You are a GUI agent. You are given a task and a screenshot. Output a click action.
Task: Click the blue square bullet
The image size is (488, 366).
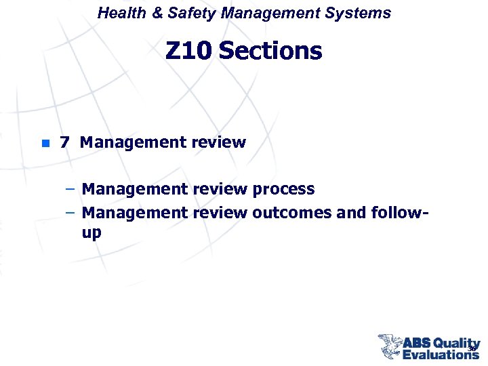pyautogui.click(x=44, y=143)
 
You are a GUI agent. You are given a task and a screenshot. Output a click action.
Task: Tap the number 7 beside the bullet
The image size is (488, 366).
pyautogui.click(x=64, y=142)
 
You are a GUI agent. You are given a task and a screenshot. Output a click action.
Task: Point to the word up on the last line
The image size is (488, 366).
pyautogui.click(x=91, y=233)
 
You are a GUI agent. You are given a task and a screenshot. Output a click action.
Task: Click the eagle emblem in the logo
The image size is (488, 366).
pyautogui.click(x=390, y=346)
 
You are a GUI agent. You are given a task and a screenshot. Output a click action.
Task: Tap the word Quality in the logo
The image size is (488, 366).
pyautogui.click(x=456, y=344)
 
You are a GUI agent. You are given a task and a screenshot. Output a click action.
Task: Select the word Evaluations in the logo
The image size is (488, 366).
pyautogui.click(x=441, y=354)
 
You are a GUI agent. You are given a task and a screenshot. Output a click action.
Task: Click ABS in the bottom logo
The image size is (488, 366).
pyautogui.click(x=417, y=344)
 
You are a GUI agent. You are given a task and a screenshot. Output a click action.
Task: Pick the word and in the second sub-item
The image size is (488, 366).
pyautogui.click(x=350, y=213)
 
